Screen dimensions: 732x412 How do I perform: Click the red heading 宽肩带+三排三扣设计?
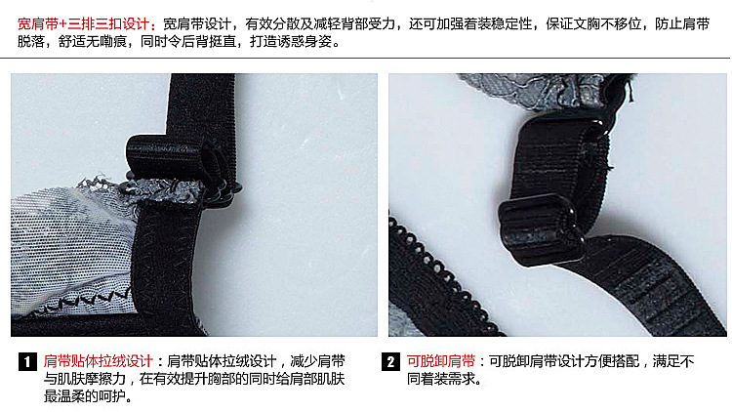point(83,24)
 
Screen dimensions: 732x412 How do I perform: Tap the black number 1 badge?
point(27,361)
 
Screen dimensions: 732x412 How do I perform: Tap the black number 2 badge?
point(390,361)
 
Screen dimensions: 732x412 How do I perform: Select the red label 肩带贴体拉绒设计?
point(98,361)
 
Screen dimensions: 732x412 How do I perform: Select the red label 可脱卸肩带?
point(441,361)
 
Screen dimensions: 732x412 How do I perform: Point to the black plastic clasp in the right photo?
point(541,228)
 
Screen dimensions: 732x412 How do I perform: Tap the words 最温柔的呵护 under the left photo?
point(85,396)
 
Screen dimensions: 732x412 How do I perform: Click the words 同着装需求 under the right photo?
point(441,379)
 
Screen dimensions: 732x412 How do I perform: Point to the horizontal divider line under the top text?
point(365,58)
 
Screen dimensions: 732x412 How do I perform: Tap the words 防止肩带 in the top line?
point(682,24)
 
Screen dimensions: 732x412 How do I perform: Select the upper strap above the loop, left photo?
point(202,105)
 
